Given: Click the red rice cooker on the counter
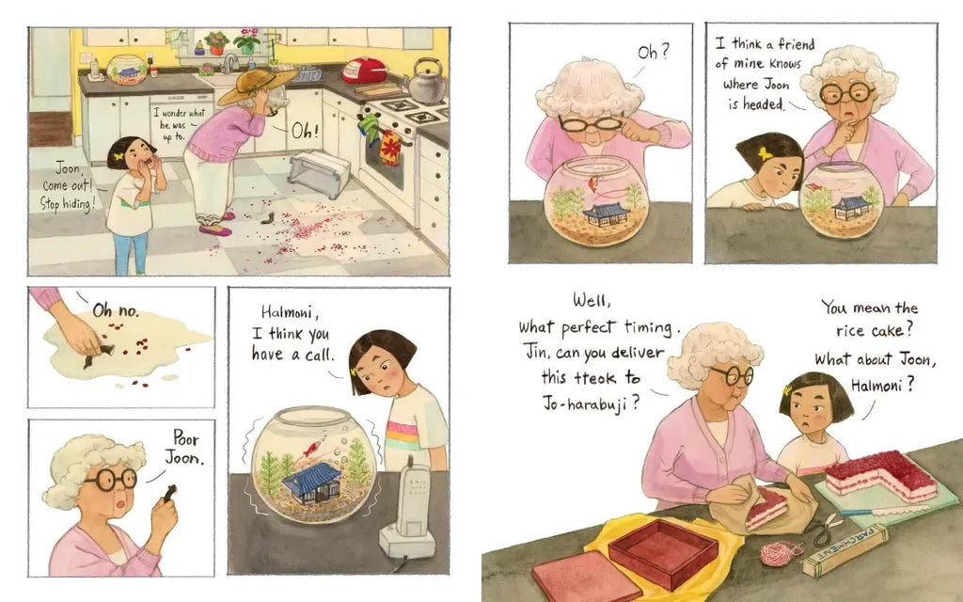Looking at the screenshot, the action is tap(364, 70).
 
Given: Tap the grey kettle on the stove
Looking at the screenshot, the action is tap(427, 81).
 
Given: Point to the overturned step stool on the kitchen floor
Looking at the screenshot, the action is tap(319, 174).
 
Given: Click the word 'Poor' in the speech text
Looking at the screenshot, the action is tap(185, 437).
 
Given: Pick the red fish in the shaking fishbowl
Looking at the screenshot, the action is tap(311, 449).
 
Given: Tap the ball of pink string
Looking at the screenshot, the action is tap(781, 553).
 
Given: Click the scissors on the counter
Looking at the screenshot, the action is tap(825, 529).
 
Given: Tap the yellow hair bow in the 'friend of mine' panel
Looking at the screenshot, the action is tap(765, 153).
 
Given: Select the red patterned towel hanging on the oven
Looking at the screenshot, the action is tap(390, 148).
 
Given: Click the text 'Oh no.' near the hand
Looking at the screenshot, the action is tap(116, 310).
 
